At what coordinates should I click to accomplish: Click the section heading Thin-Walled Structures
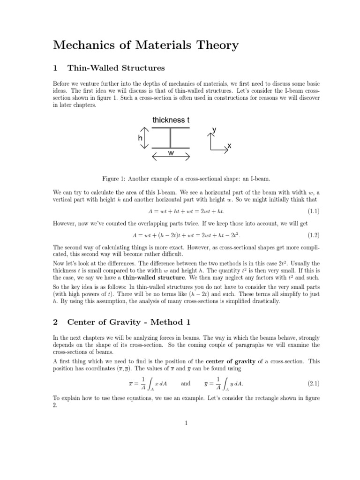pos(116,68)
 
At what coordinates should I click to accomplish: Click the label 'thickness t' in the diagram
pos(171,120)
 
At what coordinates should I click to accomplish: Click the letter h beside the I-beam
pos(140,138)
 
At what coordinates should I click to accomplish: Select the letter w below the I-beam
pos(171,153)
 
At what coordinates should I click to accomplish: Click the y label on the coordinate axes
pos(214,129)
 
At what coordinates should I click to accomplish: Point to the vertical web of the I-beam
pos(171,138)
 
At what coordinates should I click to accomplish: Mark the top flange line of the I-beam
pos(171,127)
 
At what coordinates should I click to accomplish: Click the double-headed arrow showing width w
pos(171,158)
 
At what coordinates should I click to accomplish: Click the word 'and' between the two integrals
pos(186,383)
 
